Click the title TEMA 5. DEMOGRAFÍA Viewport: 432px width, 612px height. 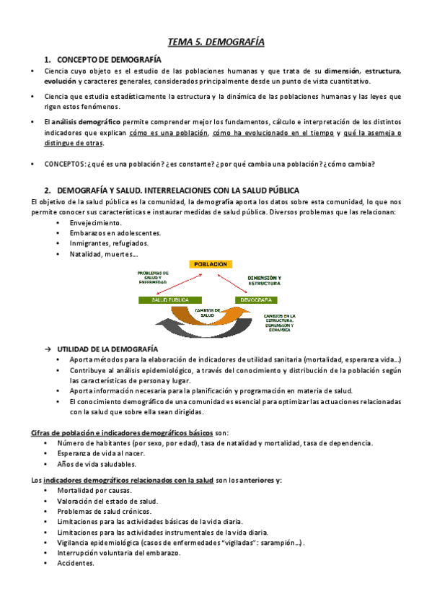(x=216, y=43)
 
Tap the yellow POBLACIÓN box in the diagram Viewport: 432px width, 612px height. (x=213, y=264)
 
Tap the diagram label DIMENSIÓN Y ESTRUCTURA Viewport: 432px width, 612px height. (x=264, y=280)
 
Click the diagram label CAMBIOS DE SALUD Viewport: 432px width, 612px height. (x=207, y=312)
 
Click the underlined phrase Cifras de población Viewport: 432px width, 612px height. (x=61, y=432)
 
